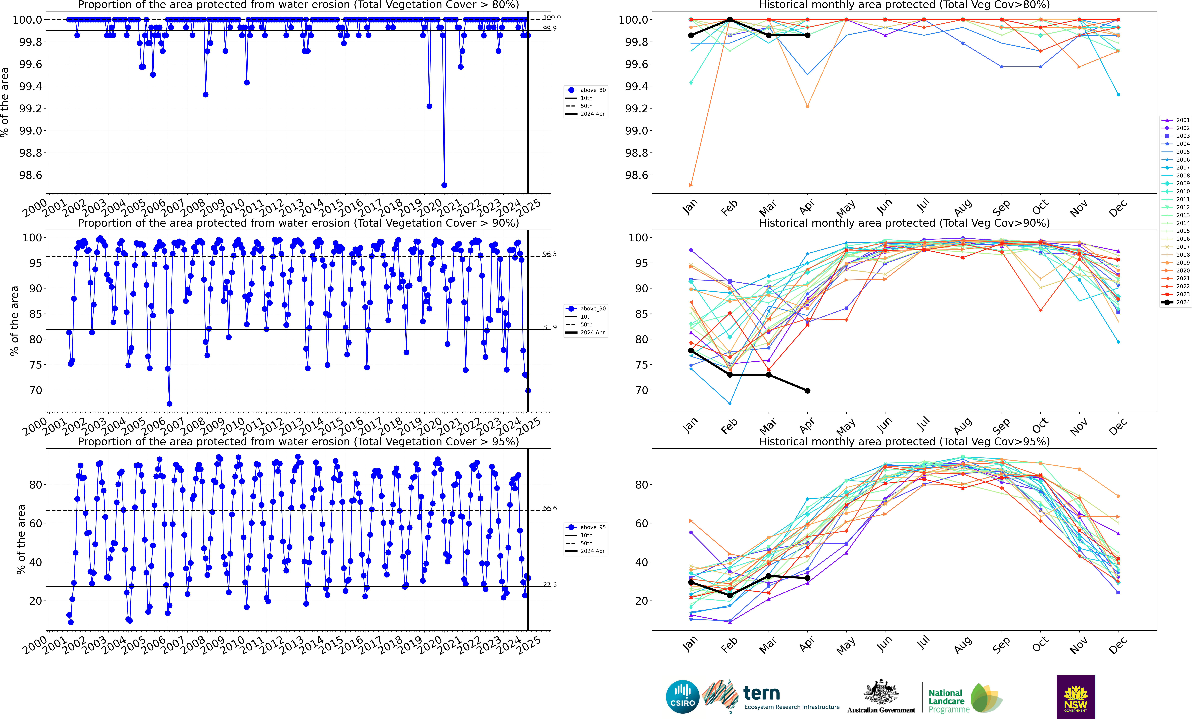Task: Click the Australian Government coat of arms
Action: click(x=881, y=692)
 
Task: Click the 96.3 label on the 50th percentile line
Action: click(x=550, y=254)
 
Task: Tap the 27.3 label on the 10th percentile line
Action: click(x=550, y=584)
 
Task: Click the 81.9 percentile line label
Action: click(x=550, y=327)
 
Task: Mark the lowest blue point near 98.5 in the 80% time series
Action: click(x=444, y=185)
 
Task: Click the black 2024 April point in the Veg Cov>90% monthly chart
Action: click(x=807, y=391)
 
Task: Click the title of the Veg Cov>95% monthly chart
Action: click(x=904, y=441)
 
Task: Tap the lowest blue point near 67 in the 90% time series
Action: click(x=169, y=404)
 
